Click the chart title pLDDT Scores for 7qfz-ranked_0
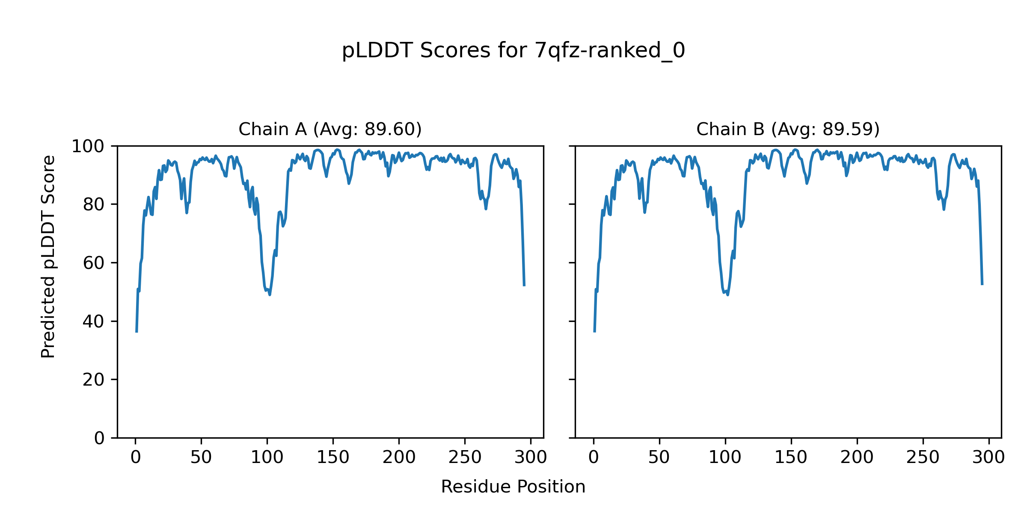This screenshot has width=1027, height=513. tap(513, 51)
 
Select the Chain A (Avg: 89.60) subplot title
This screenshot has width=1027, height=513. tap(330, 129)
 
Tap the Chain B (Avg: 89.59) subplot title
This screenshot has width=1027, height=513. tap(788, 129)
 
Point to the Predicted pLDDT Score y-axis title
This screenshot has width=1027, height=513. tap(48, 256)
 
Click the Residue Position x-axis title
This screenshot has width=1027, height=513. tap(513, 487)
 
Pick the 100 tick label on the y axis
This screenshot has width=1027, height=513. tap(88, 147)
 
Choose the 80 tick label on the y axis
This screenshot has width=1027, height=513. tap(94, 205)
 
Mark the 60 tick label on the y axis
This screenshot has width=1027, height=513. tap(94, 263)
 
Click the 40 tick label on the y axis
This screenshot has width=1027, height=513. tap(94, 321)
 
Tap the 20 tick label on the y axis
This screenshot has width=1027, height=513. tap(94, 380)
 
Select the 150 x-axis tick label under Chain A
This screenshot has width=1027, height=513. tap(333, 457)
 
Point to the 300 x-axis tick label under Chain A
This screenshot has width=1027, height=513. tap(531, 457)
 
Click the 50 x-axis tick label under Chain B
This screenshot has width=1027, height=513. tap(659, 457)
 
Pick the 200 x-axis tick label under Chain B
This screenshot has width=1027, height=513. tap(857, 457)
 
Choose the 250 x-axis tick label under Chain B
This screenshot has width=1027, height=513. tap(923, 457)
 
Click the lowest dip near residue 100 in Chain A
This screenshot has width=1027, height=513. tap(270, 295)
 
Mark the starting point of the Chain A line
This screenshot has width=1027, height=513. tap(137, 332)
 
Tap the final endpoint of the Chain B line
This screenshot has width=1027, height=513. tap(982, 284)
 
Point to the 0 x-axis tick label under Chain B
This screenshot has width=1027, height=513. tap(594, 457)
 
